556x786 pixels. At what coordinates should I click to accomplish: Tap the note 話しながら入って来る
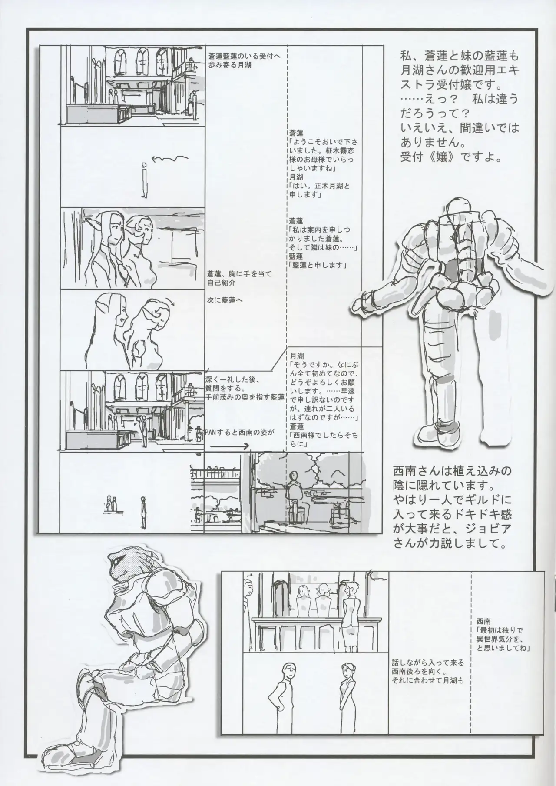coord(428,674)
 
